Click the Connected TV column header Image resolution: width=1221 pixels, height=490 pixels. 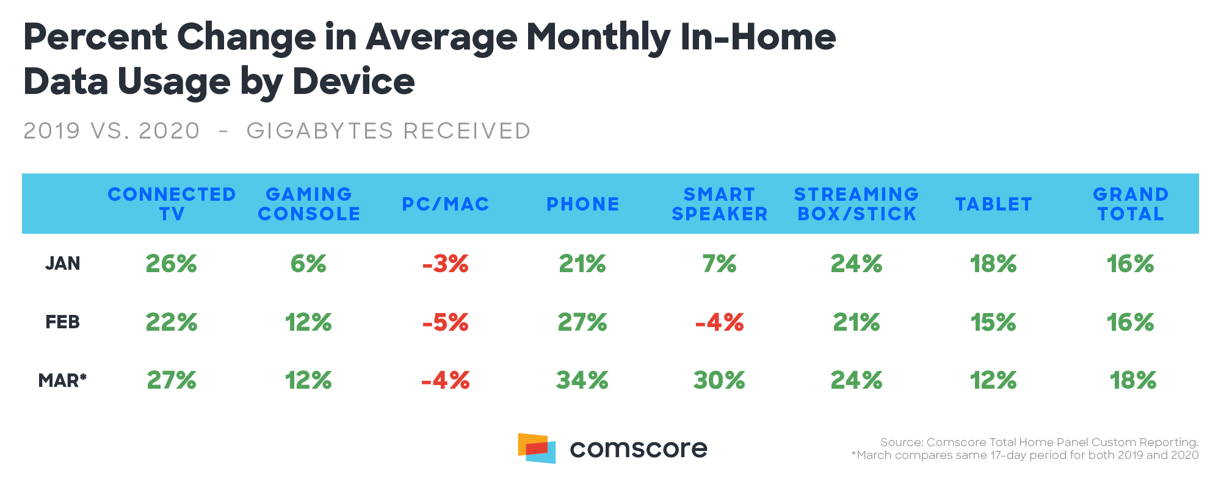pyautogui.click(x=172, y=204)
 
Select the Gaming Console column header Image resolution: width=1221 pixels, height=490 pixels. pyautogui.click(x=309, y=204)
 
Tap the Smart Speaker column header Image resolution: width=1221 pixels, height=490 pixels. pyautogui.click(x=719, y=204)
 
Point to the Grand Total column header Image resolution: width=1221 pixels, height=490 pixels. pyautogui.click(x=1131, y=204)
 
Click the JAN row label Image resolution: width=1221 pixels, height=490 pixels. pyautogui.click(x=62, y=264)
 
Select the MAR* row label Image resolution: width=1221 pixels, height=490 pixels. pyautogui.click(x=62, y=381)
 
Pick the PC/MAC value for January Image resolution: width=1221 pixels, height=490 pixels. pyautogui.click(x=445, y=264)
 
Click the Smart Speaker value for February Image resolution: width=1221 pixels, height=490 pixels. pyautogui.click(x=719, y=322)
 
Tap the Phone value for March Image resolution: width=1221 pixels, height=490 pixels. pyautogui.click(x=582, y=381)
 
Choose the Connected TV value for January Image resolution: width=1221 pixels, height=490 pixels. pyautogui.click(x=172, y=264)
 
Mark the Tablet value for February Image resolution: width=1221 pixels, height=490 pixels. pyautogui.click(x=993, y=322)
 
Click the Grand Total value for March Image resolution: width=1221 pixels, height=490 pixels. pyautogui.click(x=1132, y=381)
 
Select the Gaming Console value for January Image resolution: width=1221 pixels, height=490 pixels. pyautogui.click(x=308, y=264)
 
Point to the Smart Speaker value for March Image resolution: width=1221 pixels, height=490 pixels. pyautogui.click(x=719, y=381)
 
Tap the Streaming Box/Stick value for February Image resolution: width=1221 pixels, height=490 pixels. pyautogui.click(x=857, y=322)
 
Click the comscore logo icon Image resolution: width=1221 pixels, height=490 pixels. pyautogui.click(x=537, y=449)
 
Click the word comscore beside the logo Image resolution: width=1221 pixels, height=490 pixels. pyautogui.click(x=638, y=449)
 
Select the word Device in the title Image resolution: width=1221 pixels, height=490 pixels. pyautogui.click(x=353, y=81)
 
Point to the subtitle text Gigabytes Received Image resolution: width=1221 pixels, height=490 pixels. pyautogui.click(x=388, y=131)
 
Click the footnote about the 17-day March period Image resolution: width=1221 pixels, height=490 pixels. pyautogui.click(x=1025, y=455)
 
